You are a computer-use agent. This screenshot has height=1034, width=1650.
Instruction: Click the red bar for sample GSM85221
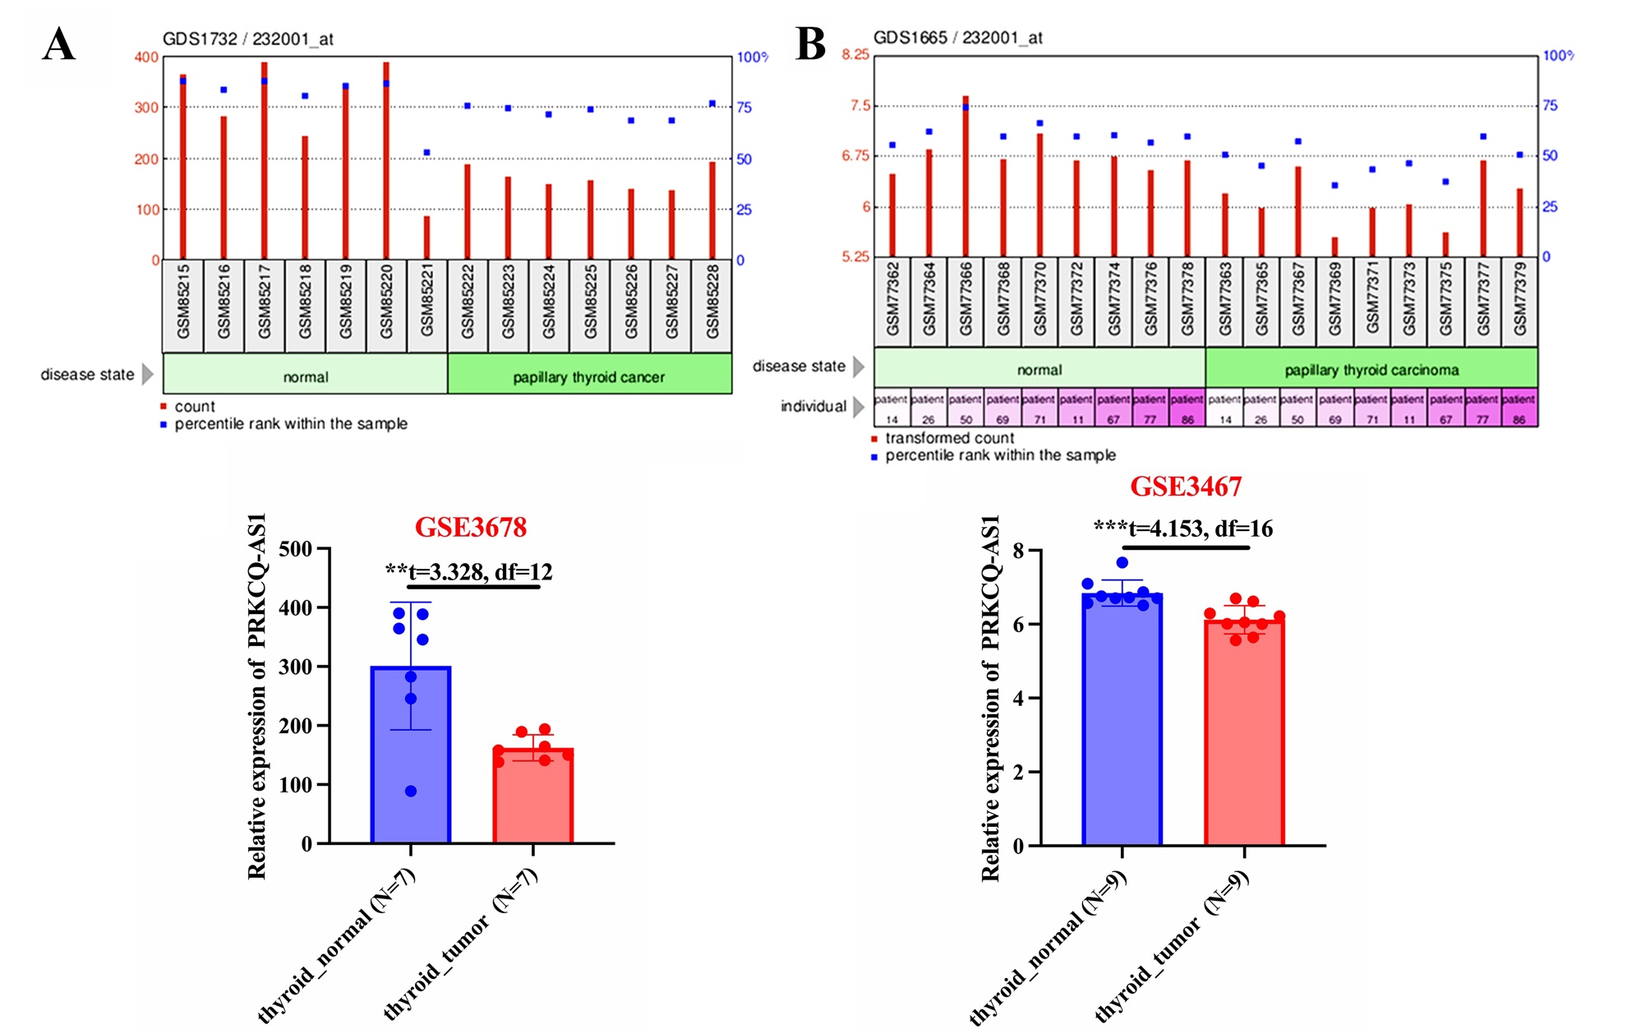[x=426, y=238]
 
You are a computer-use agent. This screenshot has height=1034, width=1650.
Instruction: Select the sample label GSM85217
[x=265, y=301]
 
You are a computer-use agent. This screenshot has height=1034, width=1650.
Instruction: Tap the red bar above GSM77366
[x=966, y=177]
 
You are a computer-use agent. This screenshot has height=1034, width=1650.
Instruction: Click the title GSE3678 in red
[x=470, y=527]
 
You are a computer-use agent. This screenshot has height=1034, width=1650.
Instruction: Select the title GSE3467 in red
[x=1186, y=487]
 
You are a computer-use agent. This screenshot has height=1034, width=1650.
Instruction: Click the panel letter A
[x=59, y=44]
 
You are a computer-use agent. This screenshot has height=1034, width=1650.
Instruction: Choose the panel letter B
[x=810, y=44]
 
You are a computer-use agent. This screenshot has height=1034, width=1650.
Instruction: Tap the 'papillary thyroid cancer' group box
[x=589, y=376]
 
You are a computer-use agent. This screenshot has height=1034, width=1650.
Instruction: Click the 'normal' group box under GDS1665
[x=1039, y=369]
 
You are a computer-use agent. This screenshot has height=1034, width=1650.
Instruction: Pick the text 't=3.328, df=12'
[x=480, y=571]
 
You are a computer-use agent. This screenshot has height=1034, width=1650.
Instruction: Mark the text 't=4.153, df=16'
[x=1200, y=529]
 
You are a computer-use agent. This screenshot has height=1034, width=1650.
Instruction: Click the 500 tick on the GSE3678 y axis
[x=296, y=549]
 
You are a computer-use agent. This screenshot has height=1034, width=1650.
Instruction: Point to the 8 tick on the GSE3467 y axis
[x=1018, y=551]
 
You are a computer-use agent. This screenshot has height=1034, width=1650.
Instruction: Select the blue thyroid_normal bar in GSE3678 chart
[x=411, y=756]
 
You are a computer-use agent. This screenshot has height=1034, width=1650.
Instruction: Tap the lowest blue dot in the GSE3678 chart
[x=411, y=791]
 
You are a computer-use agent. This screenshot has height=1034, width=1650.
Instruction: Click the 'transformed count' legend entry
[x=949, y=438]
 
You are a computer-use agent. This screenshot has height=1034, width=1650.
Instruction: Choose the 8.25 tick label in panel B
[x=855, y=54]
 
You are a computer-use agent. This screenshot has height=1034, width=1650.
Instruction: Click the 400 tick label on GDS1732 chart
[x=146, y=58]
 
